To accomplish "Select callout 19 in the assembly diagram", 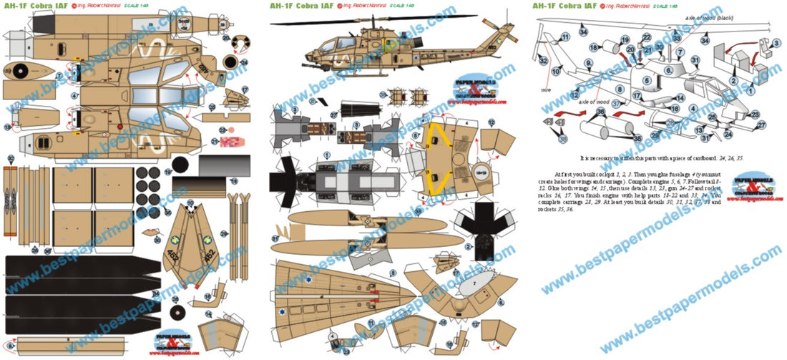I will pos(625,41).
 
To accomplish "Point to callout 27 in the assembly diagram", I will pos(762,125).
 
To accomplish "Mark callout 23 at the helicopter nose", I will pos(756,114).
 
